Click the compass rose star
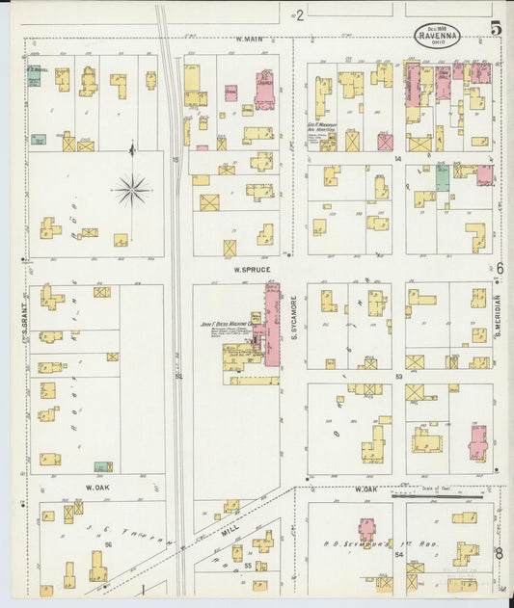(132, 190)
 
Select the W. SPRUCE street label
(248, 271)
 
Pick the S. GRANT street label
(24, 317)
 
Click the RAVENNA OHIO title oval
(438, 36)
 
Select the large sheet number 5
(495, 28)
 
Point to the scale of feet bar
(439, 495)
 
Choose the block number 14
(396, 156)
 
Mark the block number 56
(108, 544)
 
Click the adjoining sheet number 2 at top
(300, 14)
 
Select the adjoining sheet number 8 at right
(499, 552)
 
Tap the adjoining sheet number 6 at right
(499, 268)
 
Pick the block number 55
(248, 565)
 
